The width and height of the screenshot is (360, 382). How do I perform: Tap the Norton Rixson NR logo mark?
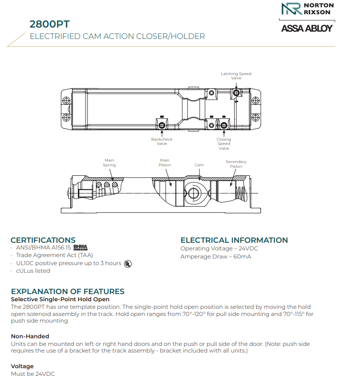point(291,10)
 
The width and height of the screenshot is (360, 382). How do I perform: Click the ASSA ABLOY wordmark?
point(307,28)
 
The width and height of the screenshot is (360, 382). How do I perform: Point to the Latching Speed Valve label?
point(236,76)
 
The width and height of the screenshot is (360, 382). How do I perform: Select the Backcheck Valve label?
point(162,141)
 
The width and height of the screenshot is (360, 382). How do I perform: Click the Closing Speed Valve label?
point(224,143)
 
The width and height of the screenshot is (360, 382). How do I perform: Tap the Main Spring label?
point(109,162)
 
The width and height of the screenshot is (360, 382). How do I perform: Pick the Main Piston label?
point(164,162)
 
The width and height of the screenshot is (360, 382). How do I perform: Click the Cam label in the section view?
point(199,165)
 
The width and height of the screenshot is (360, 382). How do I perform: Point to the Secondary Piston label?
point(236,164)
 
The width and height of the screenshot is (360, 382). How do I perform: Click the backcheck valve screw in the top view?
point(162,125)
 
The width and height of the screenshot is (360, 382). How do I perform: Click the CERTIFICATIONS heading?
point(43,240)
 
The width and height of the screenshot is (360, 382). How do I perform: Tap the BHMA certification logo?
point(81,248)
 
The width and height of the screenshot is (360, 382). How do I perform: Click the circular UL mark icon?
point(128,263)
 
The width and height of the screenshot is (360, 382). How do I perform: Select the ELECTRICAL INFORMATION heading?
point(234,240)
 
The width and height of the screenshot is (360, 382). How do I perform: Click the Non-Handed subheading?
point(30,336)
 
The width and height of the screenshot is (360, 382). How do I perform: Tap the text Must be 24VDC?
point(33,374)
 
